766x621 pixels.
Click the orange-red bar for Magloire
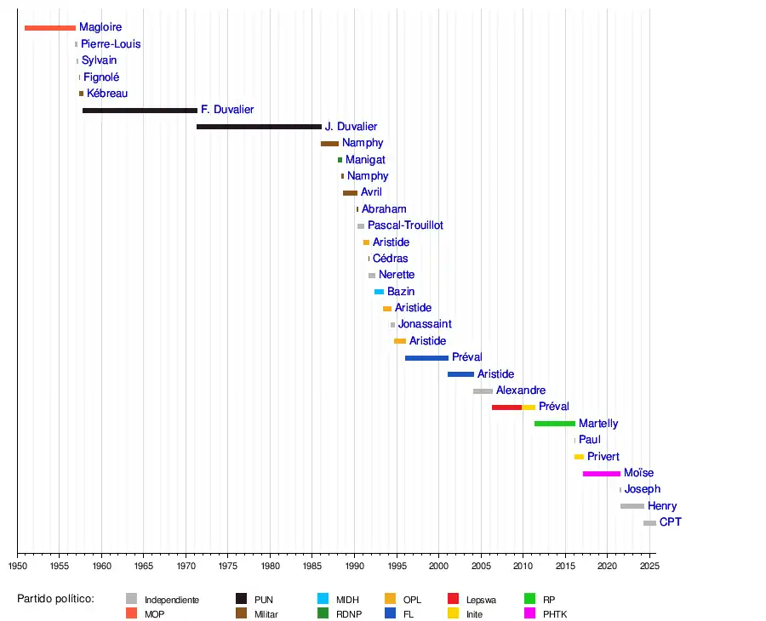click(50, 28)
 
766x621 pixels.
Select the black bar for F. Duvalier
click(140, 111)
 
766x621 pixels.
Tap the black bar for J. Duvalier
click(259, 127)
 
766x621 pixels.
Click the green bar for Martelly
click(555, 424)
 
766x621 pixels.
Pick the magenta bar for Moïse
click(602, 473)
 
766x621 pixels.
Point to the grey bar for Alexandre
click(483, 390)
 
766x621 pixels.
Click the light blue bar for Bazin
click(379, 292)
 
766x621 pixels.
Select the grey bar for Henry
click(632, 506)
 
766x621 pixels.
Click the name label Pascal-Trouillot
click(405, 225)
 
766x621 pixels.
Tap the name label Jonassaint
click(425, 324)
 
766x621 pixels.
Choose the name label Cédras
click(390, 259)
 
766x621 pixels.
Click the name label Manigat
click(365, 160)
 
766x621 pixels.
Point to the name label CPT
click(671, 522)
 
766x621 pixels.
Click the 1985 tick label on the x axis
click(312, 566)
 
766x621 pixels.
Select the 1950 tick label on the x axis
click(17, 566)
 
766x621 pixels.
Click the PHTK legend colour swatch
click(529, 613)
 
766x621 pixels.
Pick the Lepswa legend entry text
click(481, 600)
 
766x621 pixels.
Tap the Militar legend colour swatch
click(241, 613)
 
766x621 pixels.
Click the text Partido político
click(55, 599)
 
